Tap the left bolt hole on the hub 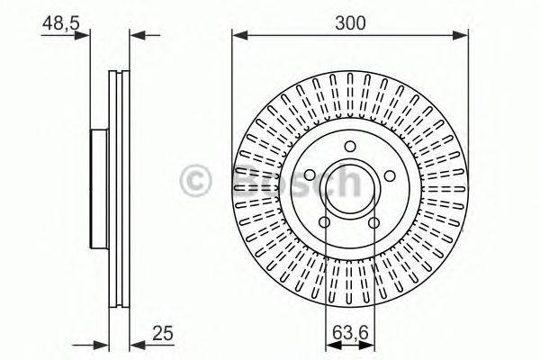click(309, 174)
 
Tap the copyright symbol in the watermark click(194, 182)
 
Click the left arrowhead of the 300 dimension click(238, 36)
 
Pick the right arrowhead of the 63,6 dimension click(369, 343)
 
